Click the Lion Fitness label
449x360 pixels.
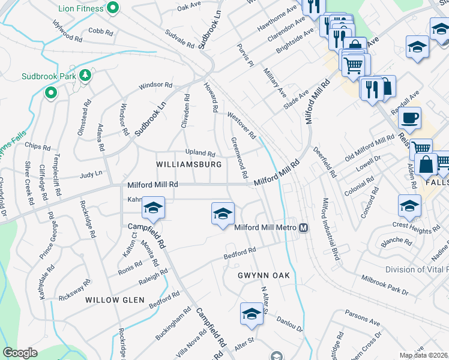coord(82,9)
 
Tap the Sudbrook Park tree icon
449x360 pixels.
coord(85,75)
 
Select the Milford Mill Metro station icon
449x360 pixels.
coord(304,227)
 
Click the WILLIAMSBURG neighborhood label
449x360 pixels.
coord(188,164)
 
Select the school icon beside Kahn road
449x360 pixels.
coord(153,208)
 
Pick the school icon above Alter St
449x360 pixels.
coord(252,313)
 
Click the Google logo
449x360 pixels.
coord(20,353)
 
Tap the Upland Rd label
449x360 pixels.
coord(200,153)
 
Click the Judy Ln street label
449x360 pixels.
coord(91,175)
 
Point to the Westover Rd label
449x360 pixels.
coord(241,124)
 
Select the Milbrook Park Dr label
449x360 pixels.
coord(385,286)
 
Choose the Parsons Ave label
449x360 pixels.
coord(363,318)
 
